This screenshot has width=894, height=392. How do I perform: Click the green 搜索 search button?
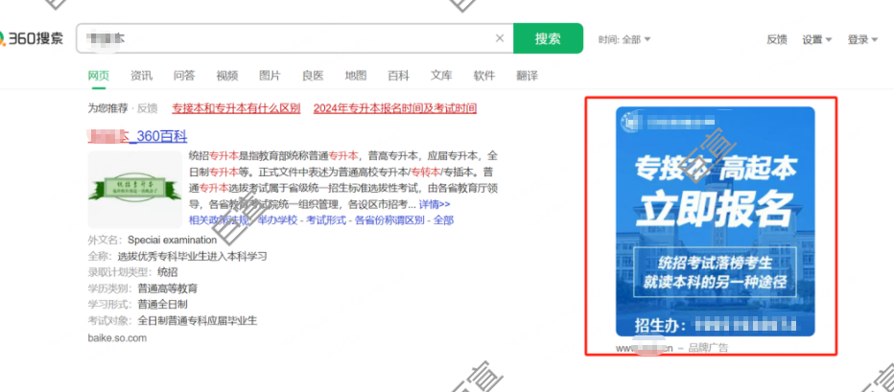pos(548,39)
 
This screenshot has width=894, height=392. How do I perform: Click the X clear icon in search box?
pos(500,39)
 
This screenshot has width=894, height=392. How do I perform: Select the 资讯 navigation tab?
pos(141,76)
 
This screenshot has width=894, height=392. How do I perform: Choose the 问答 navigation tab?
pos(184,76)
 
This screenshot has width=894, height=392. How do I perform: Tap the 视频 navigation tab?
pos(227,76)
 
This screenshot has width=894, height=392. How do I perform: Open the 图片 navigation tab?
pos(270,76)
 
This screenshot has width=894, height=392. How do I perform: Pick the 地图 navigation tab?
pos(356,76)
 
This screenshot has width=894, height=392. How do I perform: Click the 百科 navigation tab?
pos(398,76)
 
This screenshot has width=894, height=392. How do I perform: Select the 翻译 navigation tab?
pos(527,76)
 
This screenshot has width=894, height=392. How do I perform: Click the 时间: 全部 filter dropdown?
pos(624,39)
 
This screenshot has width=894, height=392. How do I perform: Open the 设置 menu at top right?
pos(816,39)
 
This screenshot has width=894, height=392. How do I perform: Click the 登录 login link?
pos(862,39)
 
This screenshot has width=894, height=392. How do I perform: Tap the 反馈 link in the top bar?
pos(777,39)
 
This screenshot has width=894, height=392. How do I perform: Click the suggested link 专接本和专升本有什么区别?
pos(236,108)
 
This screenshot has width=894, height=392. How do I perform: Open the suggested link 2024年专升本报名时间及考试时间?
pos(394,108)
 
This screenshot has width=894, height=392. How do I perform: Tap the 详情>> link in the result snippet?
pos(435,205)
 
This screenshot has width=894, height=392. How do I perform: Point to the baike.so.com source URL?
pos(117,338)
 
